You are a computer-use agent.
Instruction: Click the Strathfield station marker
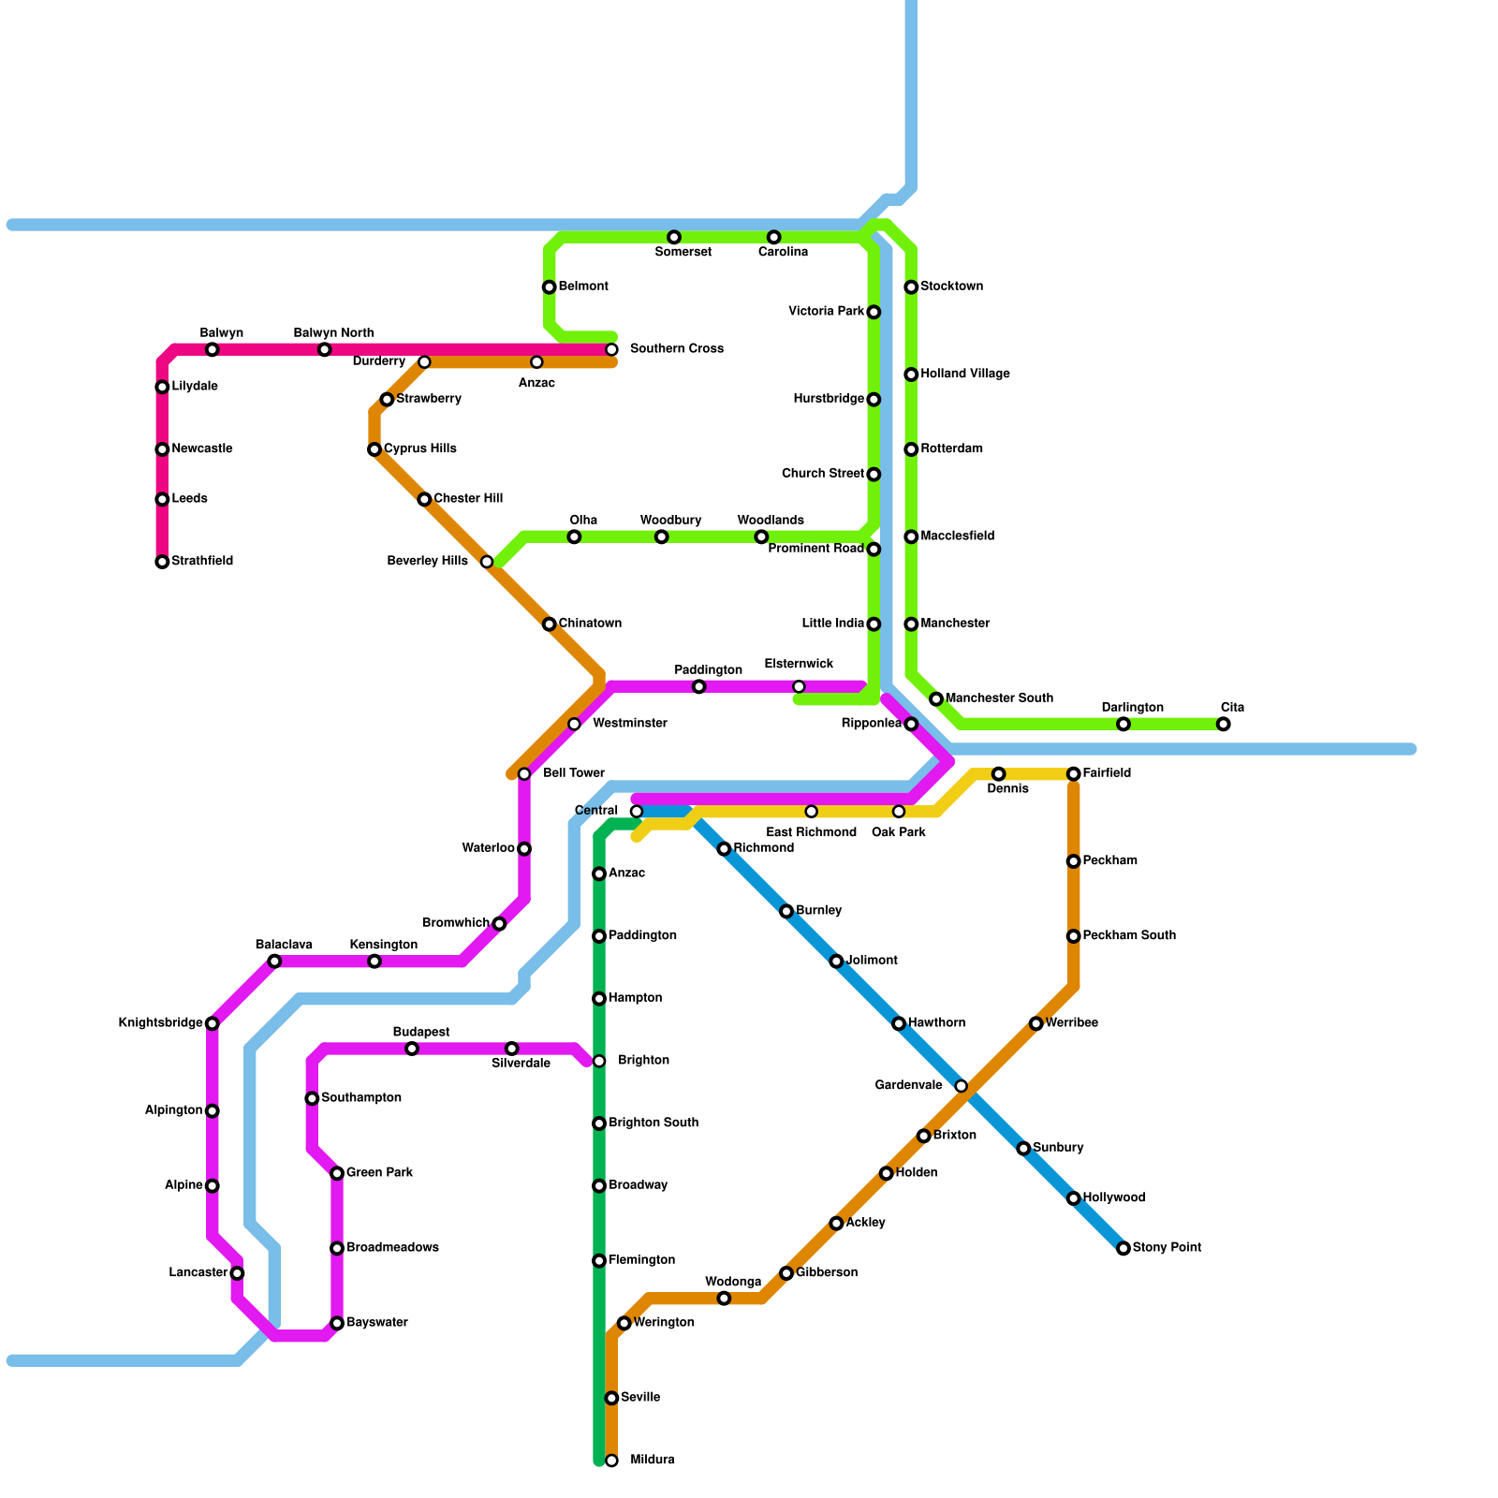[162, 562]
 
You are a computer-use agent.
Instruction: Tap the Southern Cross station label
[676, 349]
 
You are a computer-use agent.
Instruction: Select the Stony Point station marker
[1123, 1248]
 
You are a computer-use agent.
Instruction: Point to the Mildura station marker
[611, 1461]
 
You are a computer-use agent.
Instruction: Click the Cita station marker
[1223, 724]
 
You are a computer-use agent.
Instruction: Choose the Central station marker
[637, 811]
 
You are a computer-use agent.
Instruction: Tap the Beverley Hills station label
[427, 562]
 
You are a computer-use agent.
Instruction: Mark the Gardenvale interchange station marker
[961, 1086]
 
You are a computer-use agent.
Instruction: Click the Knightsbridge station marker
[213, 1023]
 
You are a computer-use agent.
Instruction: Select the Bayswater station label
[376, 1323]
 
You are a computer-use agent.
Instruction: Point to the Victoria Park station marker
[874, 312]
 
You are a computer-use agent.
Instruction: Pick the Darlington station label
[1132, 708]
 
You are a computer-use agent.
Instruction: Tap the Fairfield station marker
[1073, 773]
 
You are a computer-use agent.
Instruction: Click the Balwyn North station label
[333, 333]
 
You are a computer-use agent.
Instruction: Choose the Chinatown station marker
[550, 624]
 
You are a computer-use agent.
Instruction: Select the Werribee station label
[1071, 1023]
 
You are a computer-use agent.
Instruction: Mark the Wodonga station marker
[724, 1298]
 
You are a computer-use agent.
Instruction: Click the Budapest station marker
[412, 1049]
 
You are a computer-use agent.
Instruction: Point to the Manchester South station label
[999, 698]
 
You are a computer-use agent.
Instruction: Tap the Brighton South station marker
[599, 1123]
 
